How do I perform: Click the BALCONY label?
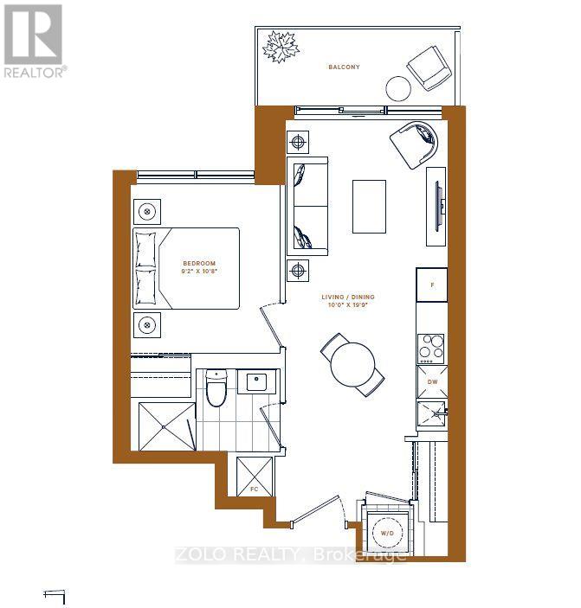[344, 67]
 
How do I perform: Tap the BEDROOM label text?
[198, 263]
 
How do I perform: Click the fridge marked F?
[431, 284]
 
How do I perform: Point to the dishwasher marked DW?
[431, 381]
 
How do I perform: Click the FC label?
[254, 490]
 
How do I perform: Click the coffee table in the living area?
[370, 205]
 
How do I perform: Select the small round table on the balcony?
[398, 88]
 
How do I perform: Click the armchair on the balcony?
[428, 66]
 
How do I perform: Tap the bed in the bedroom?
[186, 268]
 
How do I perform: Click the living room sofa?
[308, 207]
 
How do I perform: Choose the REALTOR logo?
[33, 41]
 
